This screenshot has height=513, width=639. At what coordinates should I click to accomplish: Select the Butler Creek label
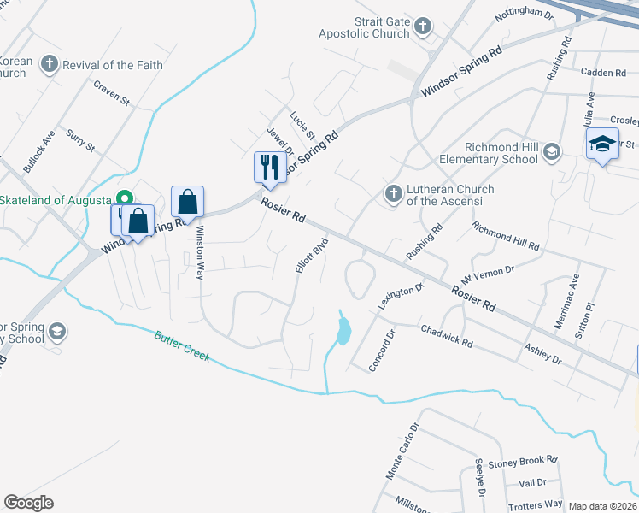click(182, 345)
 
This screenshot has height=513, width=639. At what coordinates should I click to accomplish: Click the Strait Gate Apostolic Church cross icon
click(422, 28)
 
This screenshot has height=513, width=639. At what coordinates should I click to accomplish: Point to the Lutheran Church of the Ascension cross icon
click(393, 194)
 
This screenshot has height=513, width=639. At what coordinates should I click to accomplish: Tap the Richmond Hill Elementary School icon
click(552, 152)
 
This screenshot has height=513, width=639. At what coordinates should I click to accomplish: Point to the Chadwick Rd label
click(447, 335)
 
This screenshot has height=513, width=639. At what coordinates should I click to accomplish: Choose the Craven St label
click(111, 94)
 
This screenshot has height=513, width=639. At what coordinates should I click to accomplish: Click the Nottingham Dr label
click(525, 13)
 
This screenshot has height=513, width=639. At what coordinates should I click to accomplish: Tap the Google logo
click(29, 503)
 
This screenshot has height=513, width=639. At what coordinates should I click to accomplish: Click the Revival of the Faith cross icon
click(50, 64)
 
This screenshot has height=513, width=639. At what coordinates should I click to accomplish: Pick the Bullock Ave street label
click(39, 151)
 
